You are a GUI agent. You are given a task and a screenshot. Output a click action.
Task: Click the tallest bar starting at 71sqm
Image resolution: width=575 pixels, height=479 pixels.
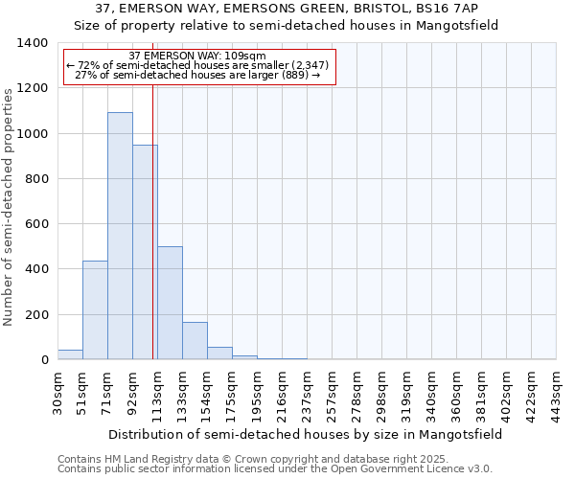[120, 236]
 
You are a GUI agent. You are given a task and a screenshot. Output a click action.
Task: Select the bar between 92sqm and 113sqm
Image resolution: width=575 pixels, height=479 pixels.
[145, 252]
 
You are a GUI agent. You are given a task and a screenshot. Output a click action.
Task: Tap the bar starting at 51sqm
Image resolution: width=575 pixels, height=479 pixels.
[95, 310]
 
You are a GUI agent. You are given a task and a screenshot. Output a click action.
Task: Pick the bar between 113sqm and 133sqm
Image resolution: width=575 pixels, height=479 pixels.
[170, 303]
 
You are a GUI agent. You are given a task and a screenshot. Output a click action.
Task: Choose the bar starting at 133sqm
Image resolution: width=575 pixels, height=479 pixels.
[195, 341]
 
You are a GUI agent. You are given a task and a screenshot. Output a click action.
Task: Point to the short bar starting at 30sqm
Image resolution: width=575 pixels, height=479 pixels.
[70, 354]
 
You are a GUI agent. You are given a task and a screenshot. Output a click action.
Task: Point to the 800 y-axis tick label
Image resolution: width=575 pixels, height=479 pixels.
[36, 179]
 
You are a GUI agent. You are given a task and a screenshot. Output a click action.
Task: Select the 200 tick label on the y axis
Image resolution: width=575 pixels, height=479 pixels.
[36, 315]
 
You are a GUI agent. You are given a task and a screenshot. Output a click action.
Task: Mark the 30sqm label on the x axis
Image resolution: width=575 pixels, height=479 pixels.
[57, 391]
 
